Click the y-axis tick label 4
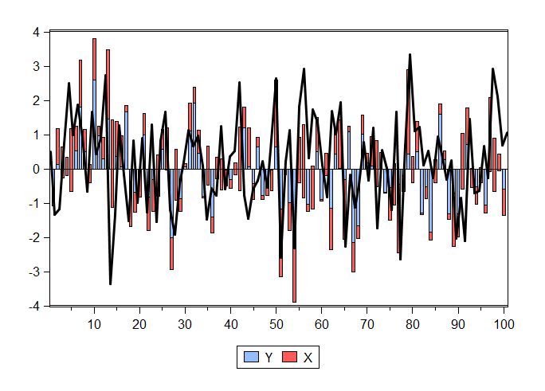(x=36, y=33)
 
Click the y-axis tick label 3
(x=36, y=67)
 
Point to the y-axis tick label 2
(x=36, y=101)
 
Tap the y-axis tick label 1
(x=36, y=135)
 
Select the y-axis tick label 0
(x=36, y=170)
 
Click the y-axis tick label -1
(x=33, y=204)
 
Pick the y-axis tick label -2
(x=33, y=238)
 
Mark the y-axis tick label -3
(x=33, y=272)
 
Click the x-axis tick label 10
(x=94, y=323)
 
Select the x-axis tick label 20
(x=139, y=323)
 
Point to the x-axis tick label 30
(x=185, y=323)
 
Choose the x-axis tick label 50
(x=276, y=323)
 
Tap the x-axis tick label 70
(x=367, y=323)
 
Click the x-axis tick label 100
(x=504, y=323)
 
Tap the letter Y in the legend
(x=269, y=359)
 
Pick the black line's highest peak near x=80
(x=410, y=55)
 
